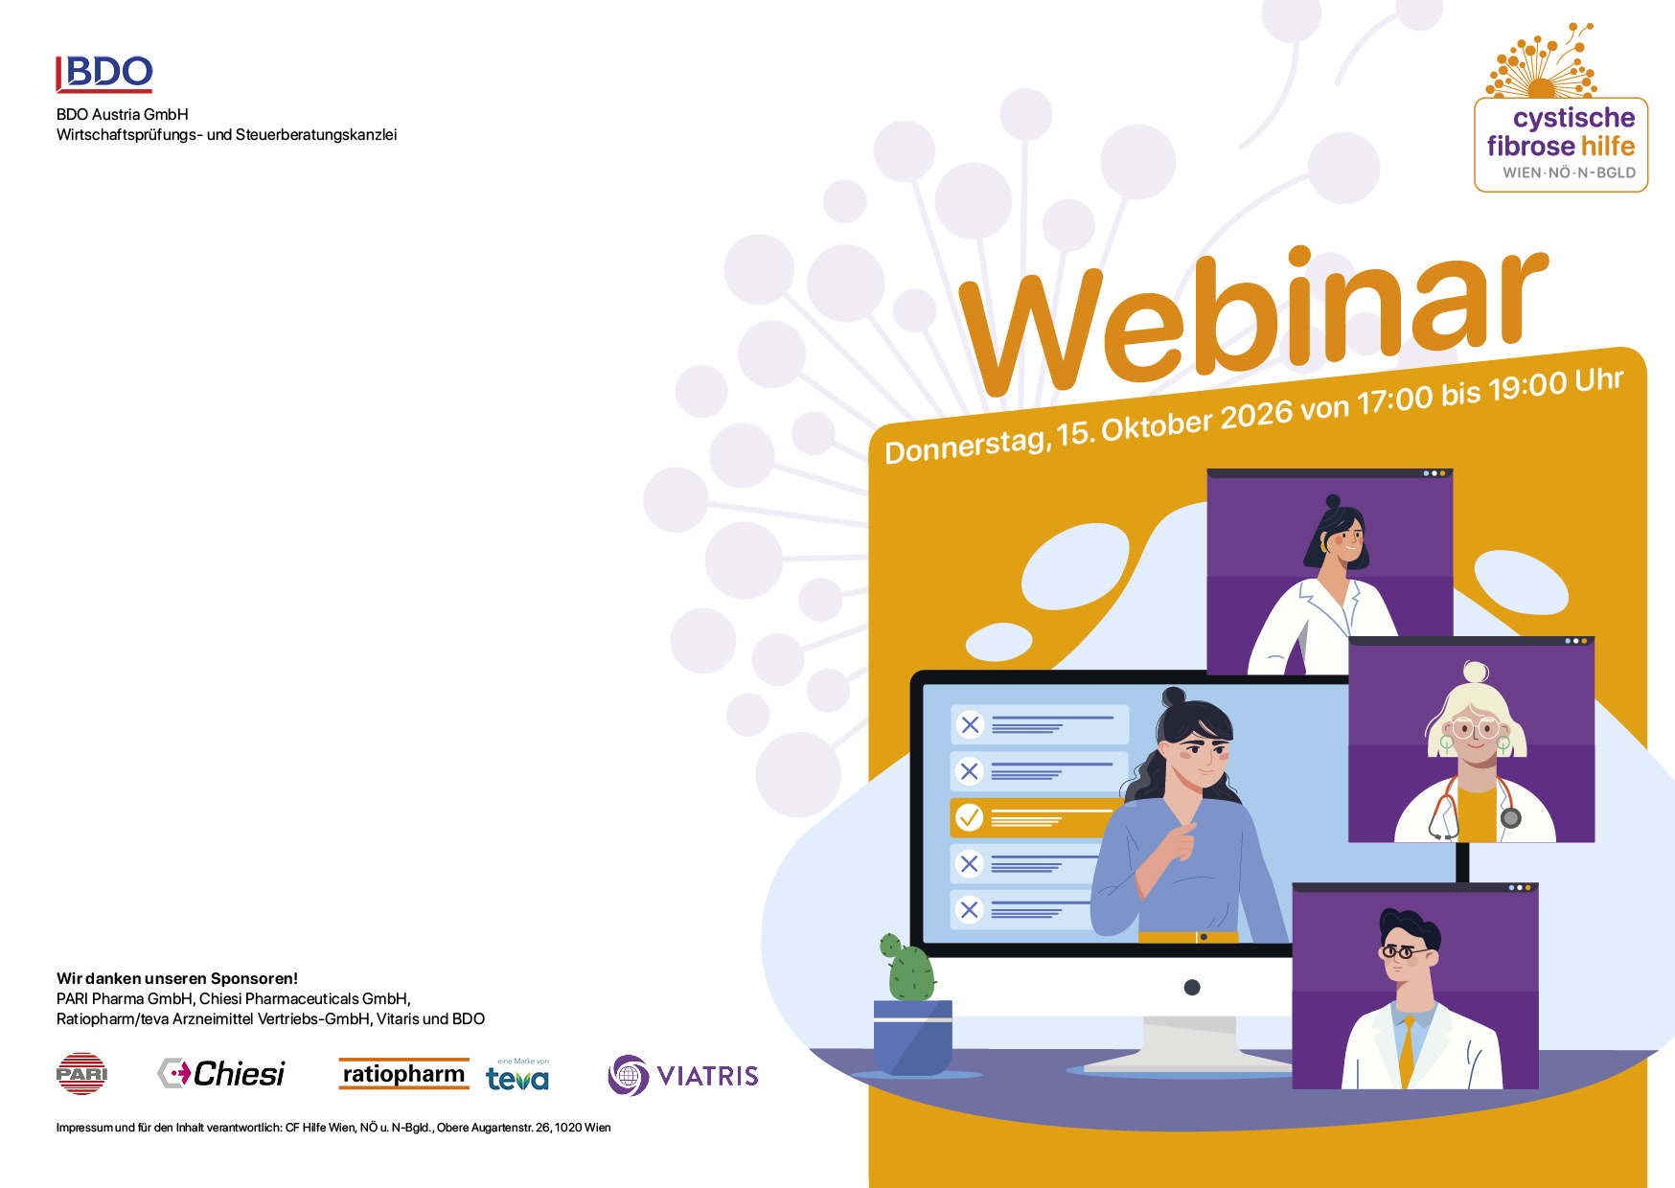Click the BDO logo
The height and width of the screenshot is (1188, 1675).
[104, 74]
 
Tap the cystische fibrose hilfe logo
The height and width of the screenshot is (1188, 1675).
[1560, 107]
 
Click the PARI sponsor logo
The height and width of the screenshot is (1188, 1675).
[81, 1074]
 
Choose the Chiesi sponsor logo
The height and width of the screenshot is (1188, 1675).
[221, 1074]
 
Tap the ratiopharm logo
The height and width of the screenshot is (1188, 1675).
[403, 1074]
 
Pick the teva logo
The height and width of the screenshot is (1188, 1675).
[517, 1076]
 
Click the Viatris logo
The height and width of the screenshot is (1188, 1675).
[683, 1075]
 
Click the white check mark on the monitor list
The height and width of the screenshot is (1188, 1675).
[970, 817]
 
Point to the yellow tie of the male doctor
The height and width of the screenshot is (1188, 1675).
[1407, 1052]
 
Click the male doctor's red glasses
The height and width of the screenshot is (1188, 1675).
[1404, 952]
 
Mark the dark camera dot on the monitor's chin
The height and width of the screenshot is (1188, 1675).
[1192, 988]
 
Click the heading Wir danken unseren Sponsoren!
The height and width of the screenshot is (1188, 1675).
[177, 978]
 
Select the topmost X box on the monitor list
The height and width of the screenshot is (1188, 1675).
[970, 724]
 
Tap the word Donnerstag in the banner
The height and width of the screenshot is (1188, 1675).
[965, 444]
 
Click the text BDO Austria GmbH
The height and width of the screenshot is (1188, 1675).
[123, 114]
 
